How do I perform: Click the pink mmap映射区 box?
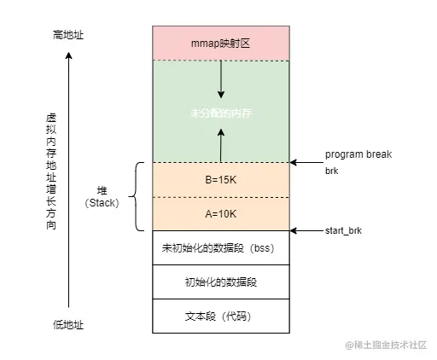coord(220,42)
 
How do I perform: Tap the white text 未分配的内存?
coord(220,112)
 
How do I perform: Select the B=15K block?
coord(220,180)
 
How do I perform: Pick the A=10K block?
coord(220,213)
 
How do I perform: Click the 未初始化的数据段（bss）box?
coord(220,248)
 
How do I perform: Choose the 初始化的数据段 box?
coord(220,282)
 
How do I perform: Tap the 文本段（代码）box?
coord(220,316)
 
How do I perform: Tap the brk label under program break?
coord(331,171)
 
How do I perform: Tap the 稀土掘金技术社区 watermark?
coord(389,345)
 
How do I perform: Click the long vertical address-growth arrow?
coord(68,179)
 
